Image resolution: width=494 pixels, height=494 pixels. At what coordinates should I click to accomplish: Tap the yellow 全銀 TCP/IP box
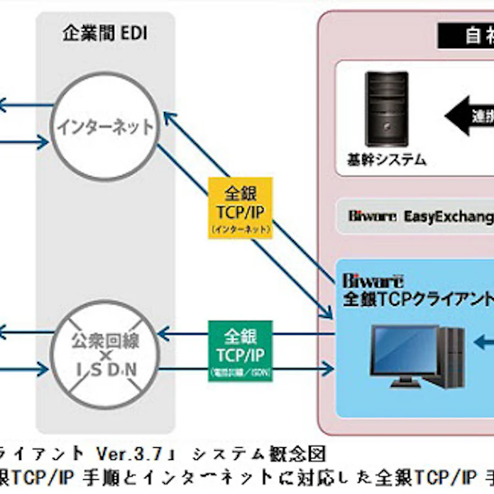pos(240,208)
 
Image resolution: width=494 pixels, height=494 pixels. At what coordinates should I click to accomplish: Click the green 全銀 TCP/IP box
pos(240,351)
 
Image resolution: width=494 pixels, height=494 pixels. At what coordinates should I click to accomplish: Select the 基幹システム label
pos(387,160)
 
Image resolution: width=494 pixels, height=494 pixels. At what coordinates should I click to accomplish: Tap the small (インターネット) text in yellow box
pos(240,229)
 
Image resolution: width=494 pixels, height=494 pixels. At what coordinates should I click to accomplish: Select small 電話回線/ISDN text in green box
pos(240,372)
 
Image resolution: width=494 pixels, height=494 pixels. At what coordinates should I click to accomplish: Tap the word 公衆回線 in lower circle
pos(106,339)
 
